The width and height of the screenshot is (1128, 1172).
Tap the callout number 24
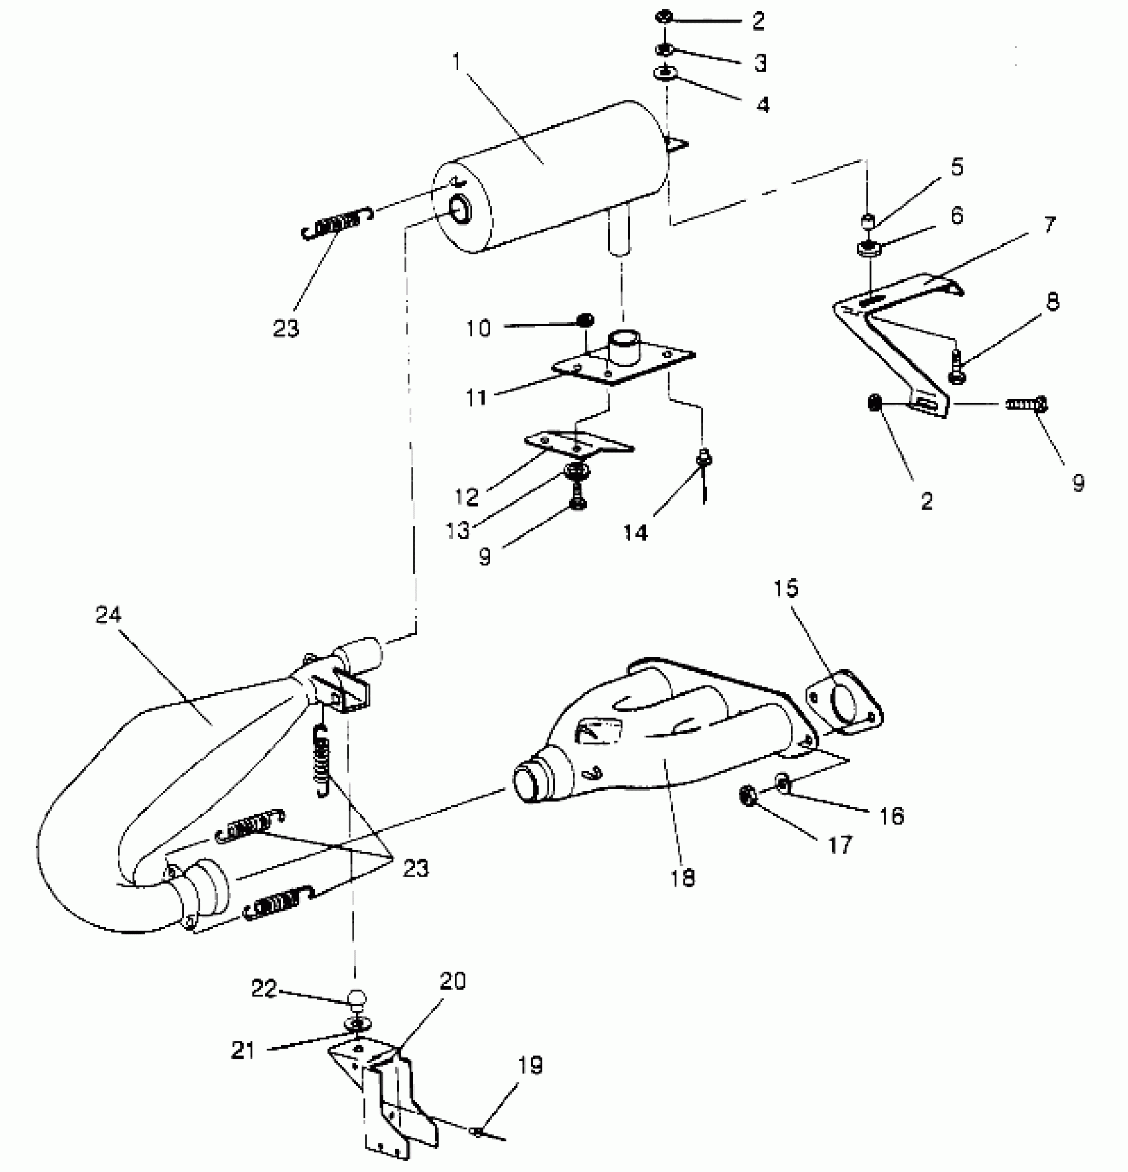(108, 615)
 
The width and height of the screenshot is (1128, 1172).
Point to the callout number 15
(786, 588)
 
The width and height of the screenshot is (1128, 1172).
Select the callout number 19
(528, 1066)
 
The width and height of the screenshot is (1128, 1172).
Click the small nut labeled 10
(585, 321)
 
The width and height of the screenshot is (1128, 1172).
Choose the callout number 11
(476, 397)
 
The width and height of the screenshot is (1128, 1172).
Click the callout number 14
(635, 531)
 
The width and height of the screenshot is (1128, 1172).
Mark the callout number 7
(1049, 225)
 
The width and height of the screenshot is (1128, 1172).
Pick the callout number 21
(243, 1050)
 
